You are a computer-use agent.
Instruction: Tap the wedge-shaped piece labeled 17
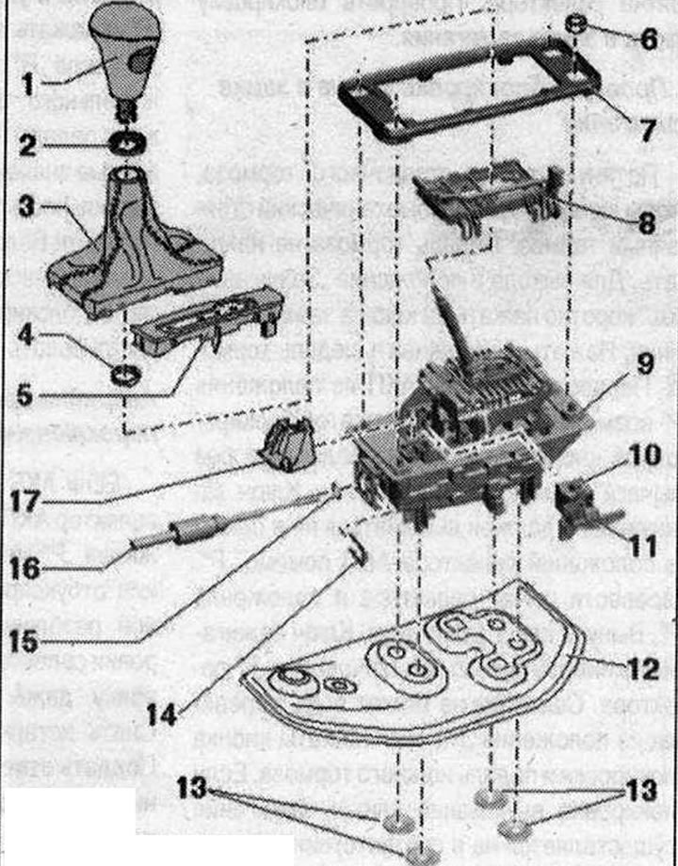coord(288,442)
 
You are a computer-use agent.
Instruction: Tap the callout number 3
coord(27,204)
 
